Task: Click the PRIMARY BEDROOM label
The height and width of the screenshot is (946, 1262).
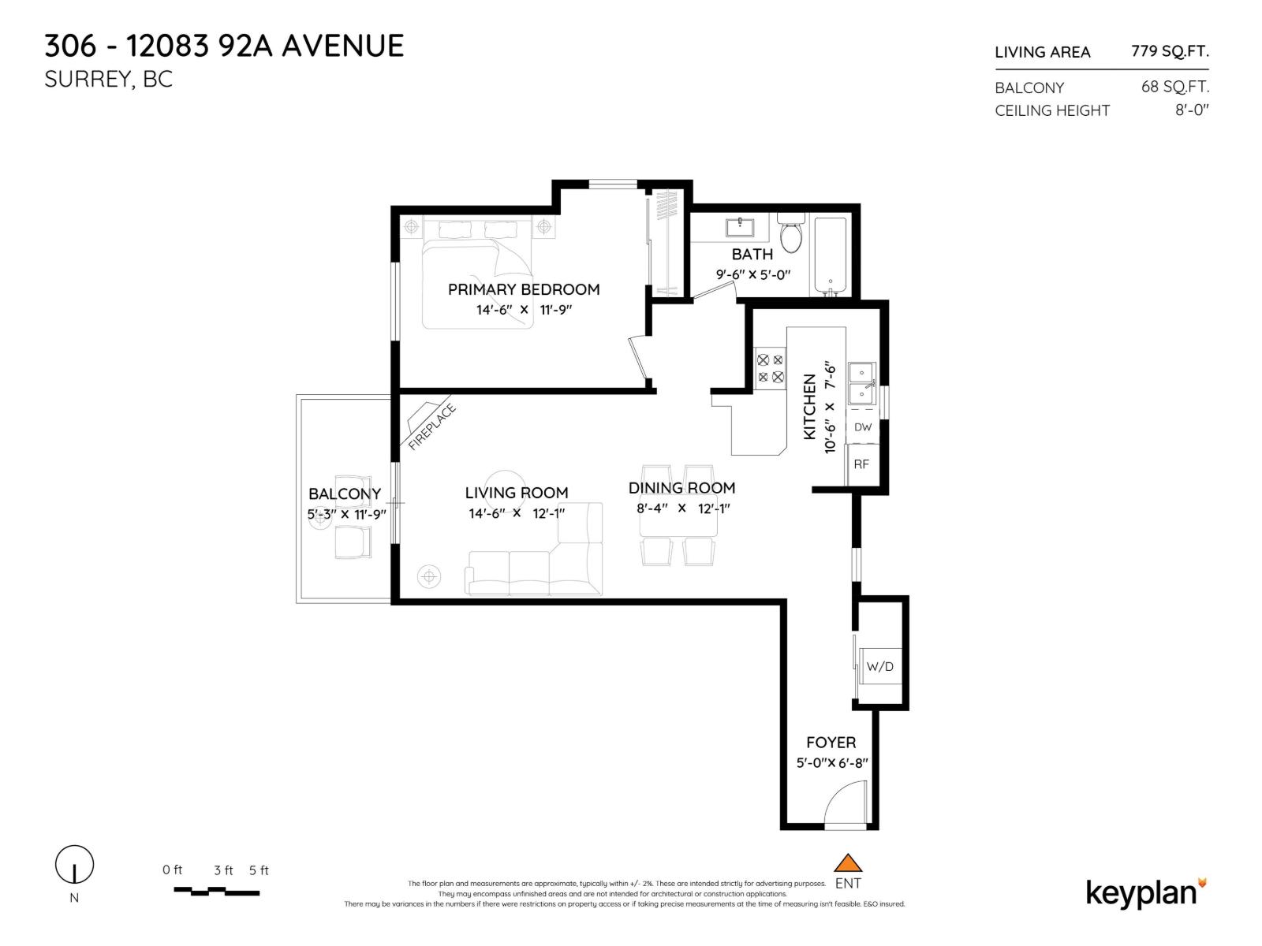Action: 524,289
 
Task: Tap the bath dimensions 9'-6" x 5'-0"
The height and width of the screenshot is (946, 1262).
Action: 752,274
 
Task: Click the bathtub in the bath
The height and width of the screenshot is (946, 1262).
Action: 830,255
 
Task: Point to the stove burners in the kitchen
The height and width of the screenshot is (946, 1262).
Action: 770,368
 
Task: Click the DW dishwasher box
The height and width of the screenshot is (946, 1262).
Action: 863,426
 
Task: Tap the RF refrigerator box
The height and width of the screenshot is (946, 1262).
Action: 861,464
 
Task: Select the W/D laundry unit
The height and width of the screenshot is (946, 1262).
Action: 879,667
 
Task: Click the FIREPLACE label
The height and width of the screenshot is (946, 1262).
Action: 431,426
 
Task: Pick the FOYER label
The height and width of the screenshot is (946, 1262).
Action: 831,743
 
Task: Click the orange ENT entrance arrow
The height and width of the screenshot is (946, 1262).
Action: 848,862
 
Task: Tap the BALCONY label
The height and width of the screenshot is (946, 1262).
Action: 345,493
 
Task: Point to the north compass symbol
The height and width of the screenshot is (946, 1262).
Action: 74,865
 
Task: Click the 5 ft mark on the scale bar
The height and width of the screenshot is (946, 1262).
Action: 259,870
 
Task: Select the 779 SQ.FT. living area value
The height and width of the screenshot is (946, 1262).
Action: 1169,51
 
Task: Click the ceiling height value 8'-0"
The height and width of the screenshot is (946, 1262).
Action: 1191,110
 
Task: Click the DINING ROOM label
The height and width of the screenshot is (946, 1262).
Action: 681,488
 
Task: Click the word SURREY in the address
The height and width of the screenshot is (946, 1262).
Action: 89,80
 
